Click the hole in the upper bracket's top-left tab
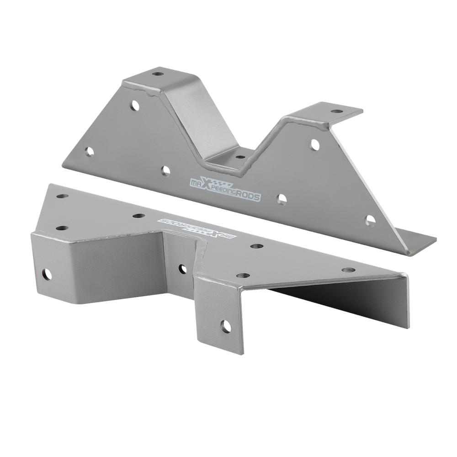pyautogui.click(x=158, y=74)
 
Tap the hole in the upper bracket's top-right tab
pyautogui.click(x=336, y=111)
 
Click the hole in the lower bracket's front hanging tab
pyautogui.click(x=226, y=326)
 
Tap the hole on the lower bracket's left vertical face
pyautogui.click(x=47, y=274)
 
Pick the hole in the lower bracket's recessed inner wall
pyautogui.click(x=182, y=269)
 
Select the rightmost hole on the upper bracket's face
pyautogui.click(x=370, y=221)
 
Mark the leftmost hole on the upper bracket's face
pyautogui.click(x=89, y=152)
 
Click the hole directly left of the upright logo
pyautogui.click(x=165, y=171)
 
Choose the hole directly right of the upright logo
pyautogui.click(x=282, y=199)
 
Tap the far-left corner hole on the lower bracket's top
pyautogui.click(x=62, y=197)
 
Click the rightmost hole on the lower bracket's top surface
pyautogui.click(x=348, y=270)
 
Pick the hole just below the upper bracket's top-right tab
pyautogui.click(x=315, y=144)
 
